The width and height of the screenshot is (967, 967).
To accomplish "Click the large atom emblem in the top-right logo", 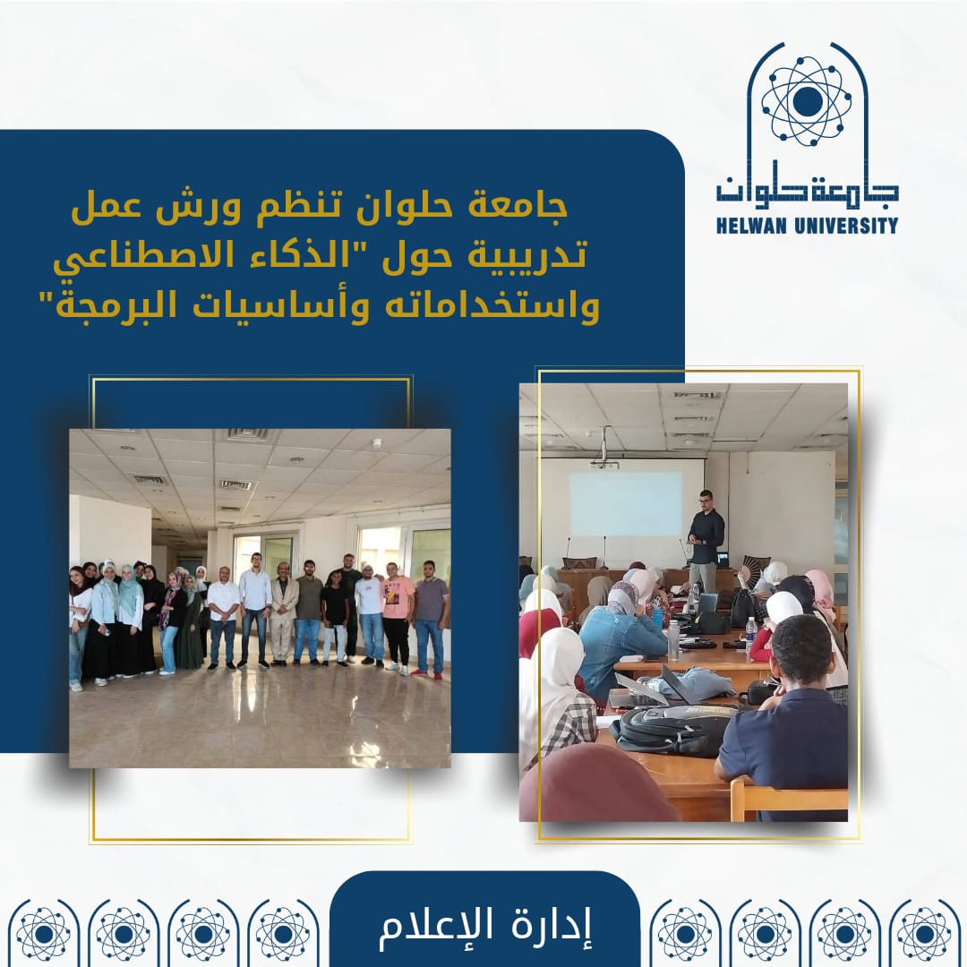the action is click(x=806, y=101).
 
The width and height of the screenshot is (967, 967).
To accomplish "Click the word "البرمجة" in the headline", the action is click(x=112, y=304).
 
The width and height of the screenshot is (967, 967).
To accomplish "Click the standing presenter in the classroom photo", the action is click(x=705, y=542).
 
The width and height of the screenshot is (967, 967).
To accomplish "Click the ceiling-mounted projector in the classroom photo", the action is click(x=604, y=464).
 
